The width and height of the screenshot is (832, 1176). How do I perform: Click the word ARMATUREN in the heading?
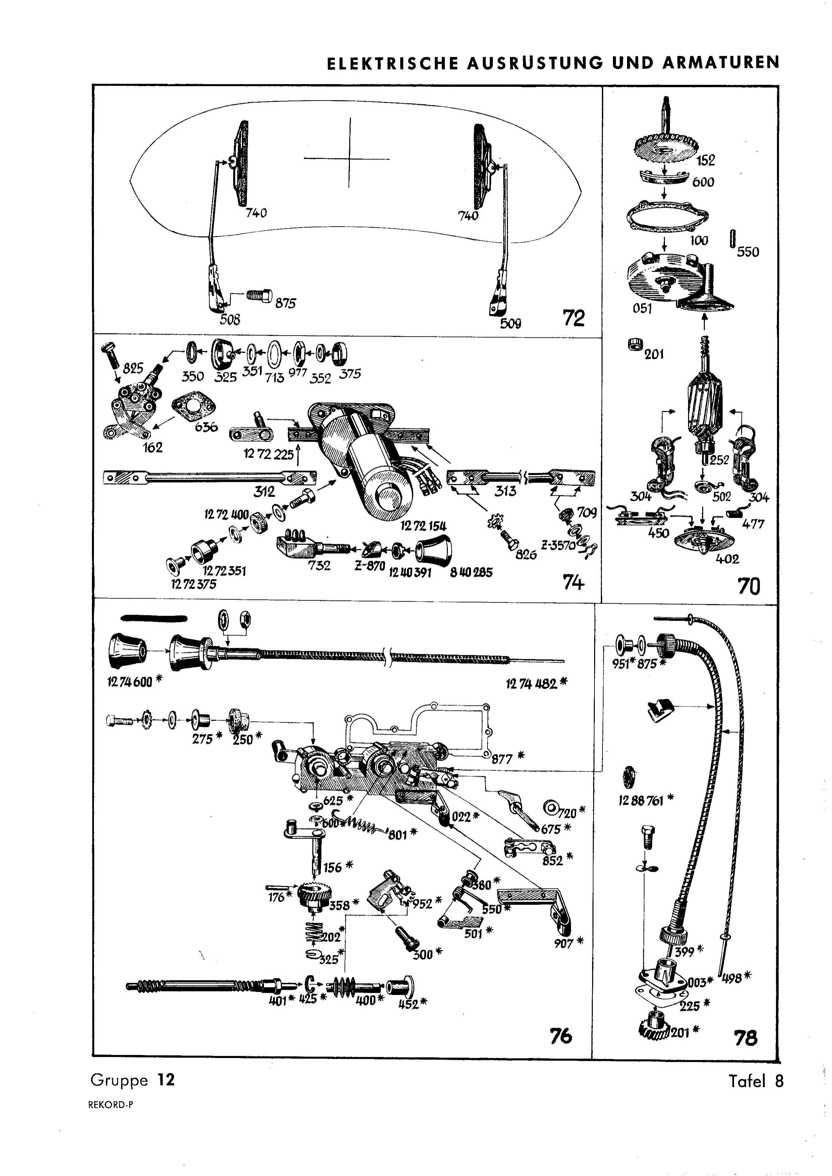point(721,62)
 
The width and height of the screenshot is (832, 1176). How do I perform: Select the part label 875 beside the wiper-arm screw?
point(285,303)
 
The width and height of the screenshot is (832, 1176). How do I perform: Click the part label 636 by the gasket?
point(206,426)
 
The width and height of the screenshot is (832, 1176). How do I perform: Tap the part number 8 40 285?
point(471,572)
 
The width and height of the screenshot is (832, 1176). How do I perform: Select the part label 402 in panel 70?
point(727,559)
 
